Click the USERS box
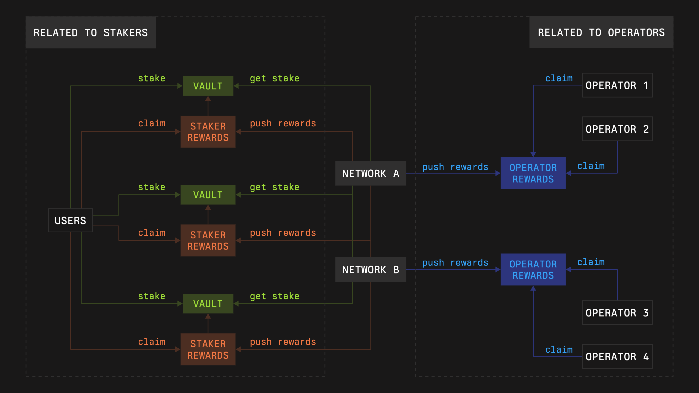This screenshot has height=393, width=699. coord(70,220)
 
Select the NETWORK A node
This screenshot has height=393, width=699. coord(370,173)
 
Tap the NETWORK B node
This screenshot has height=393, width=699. coord(370,270)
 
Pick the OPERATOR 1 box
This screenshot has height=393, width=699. coord(617,85)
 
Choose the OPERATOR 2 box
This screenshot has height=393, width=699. coord(617,129)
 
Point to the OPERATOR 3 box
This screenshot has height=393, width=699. coord(617,313)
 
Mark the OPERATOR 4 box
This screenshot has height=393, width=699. coord(617,356)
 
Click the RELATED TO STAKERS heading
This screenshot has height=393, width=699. coord(91,33)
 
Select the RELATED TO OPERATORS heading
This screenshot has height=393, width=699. coord(601,32)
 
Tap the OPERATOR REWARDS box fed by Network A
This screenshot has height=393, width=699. coord(533,173)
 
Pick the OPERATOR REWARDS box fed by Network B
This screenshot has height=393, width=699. coord(533,270)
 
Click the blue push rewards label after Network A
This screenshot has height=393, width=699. coord(455,167)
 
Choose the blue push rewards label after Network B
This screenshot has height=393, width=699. coord(455,262)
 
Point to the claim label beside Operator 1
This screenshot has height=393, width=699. coord(559,78)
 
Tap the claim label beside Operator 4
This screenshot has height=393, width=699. coord(559,349)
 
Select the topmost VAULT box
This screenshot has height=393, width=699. coord(208,86)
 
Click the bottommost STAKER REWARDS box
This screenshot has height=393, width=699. coord(208,349)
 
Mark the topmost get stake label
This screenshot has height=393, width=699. coord(274,78)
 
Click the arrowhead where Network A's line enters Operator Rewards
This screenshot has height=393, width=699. coord(498,173)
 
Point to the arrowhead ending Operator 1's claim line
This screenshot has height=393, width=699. coord(533,154)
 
